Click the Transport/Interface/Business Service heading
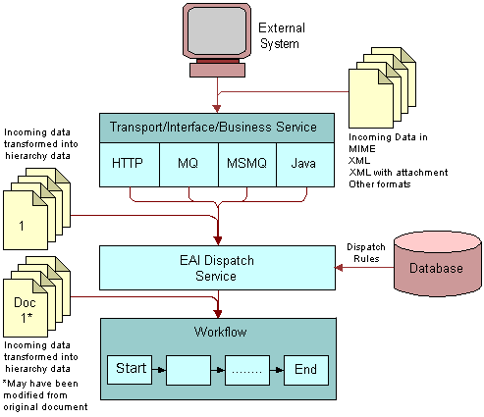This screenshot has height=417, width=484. click(213, 127)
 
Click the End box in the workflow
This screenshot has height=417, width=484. click(305, 370)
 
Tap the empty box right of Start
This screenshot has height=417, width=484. click(189, 370)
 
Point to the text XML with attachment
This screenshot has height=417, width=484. click(398, 173)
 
